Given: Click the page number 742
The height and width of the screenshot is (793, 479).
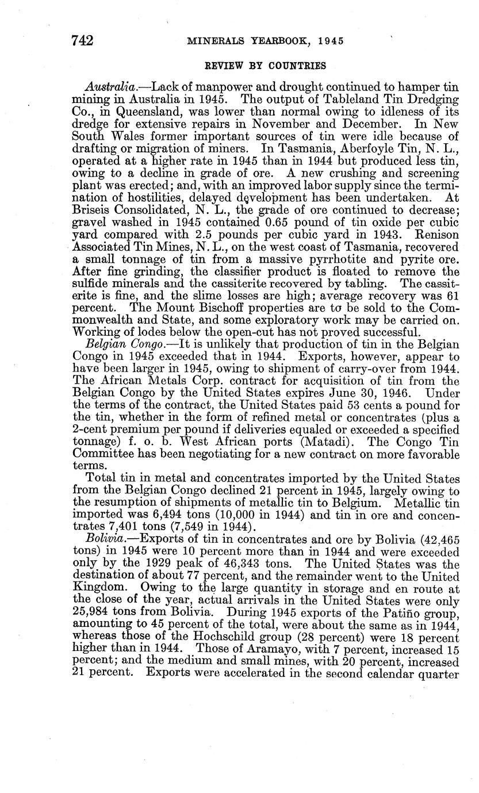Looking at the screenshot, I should point(82,40).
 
